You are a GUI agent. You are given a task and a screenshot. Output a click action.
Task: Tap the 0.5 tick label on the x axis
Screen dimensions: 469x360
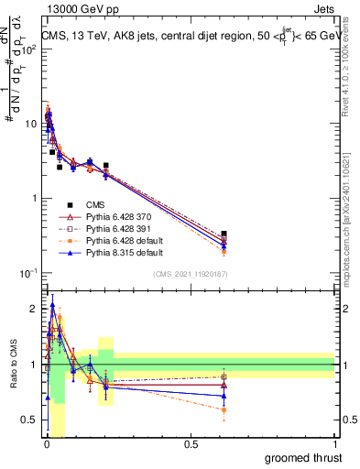click(x=191, y=444)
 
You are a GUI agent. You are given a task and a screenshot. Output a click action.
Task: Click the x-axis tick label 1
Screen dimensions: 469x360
click(x=334, y=444)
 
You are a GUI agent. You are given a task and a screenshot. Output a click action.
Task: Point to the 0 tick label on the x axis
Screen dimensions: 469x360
click(x=46, y=444)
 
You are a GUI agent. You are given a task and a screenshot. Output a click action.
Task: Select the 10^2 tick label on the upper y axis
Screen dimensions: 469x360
click(x=29, y=49)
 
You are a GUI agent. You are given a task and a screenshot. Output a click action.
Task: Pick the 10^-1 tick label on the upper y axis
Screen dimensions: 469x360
click(x=29, y=273)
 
